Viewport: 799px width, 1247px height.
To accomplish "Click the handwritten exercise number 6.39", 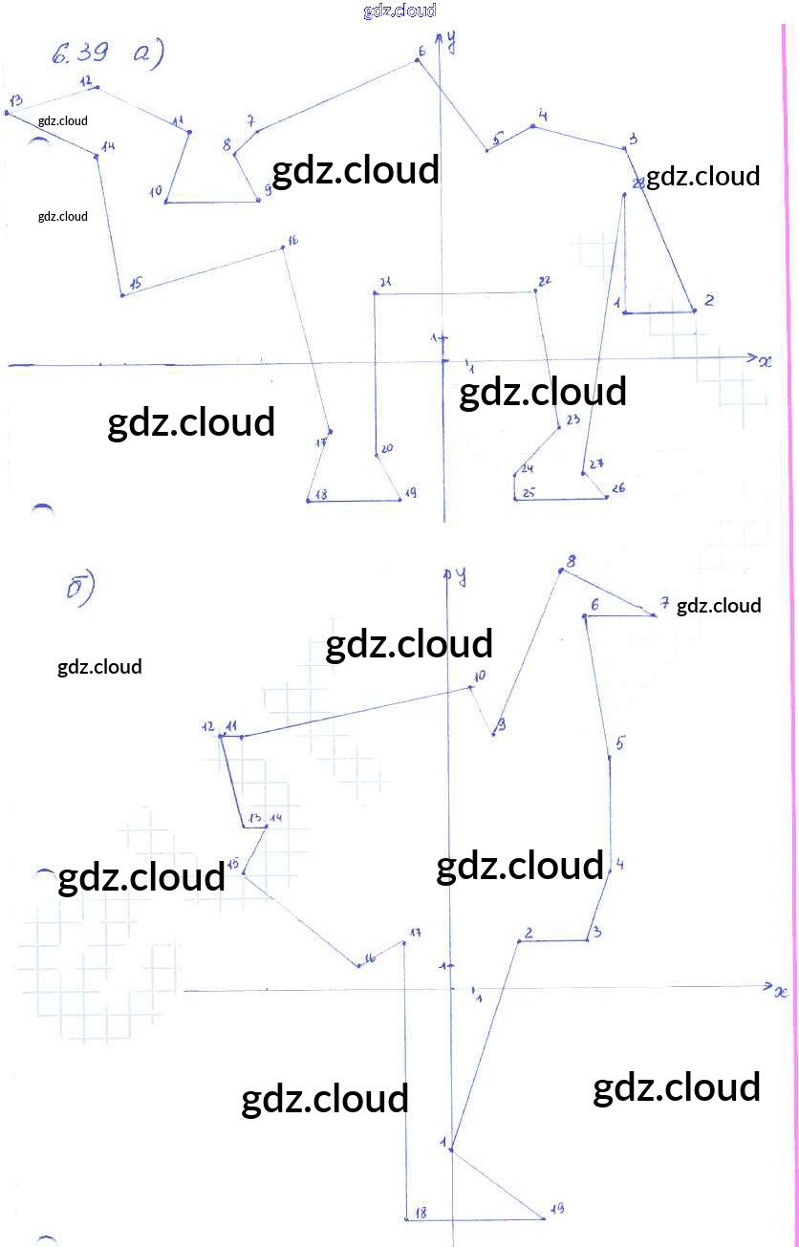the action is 80,55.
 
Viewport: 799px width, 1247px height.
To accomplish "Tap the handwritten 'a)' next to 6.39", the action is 147,55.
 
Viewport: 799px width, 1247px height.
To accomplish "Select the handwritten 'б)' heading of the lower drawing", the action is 80,590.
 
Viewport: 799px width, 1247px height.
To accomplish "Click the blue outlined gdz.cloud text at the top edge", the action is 399,11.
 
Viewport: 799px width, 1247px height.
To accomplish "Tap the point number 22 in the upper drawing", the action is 545,281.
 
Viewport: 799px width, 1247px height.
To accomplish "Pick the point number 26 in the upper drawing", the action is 618,488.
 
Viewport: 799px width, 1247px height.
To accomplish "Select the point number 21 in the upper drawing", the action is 385,283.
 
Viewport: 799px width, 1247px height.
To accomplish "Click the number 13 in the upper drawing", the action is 15,100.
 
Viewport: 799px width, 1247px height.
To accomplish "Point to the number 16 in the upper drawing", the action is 292,241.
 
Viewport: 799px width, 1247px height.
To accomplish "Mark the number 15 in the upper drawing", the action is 136,283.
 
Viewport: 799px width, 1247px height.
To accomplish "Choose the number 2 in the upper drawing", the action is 708,300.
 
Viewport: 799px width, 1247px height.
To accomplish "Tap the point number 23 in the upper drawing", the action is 572,420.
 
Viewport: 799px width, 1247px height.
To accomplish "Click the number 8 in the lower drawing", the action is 571,561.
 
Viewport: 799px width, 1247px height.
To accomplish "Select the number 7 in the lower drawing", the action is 664,603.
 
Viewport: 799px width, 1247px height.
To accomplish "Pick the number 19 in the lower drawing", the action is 557,1209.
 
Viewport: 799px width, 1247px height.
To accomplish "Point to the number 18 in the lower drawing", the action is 420,1213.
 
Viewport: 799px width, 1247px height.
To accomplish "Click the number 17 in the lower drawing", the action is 416,933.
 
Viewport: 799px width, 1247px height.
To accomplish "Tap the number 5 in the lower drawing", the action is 620,742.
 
